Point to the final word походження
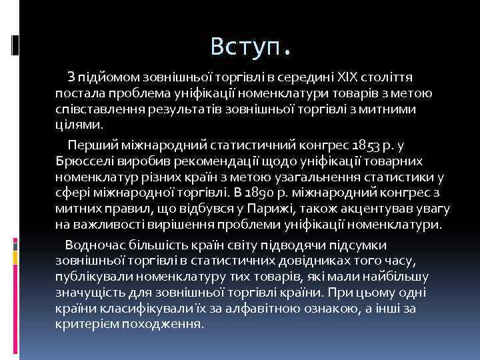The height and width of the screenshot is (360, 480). [170, 325]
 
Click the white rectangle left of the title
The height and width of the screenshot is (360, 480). [15, 44]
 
